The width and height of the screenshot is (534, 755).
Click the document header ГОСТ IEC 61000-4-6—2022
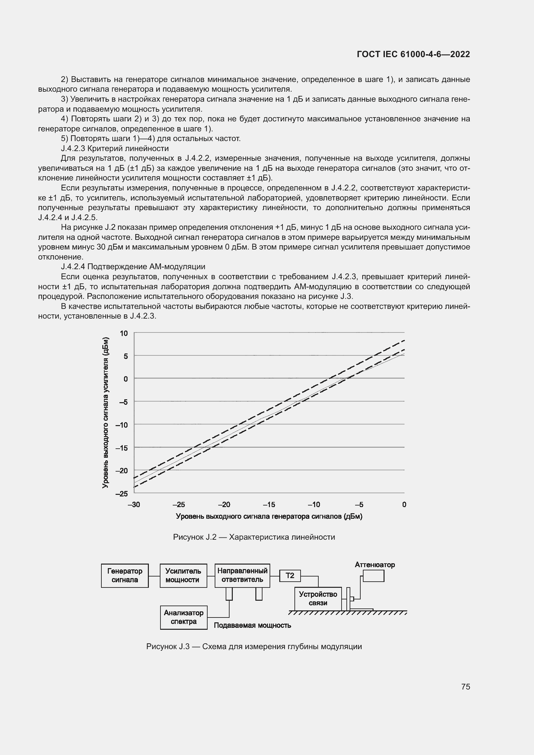click(x=413, y=54)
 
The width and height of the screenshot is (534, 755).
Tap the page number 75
click(x=465, y=687)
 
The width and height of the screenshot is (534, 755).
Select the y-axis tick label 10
click(x=124, y=333)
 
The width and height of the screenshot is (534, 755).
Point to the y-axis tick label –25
click(x=122, y=494)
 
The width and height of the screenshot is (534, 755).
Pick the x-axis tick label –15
click(x=269, y=505)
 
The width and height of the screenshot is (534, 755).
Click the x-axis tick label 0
click(x=404, y=505)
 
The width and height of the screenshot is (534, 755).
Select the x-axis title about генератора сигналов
click(x=269, y=516)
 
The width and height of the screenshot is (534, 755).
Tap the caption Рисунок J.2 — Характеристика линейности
click(x=254, y=537)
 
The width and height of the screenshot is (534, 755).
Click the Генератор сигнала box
click(x=125, y=576)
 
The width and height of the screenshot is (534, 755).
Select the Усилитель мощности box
click(x=183, y=576)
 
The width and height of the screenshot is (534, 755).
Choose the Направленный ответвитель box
click(x=242, y=576)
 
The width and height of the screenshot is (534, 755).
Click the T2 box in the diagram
click(x=290, y=576)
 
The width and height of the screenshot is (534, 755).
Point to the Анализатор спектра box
click(x=183, y=617)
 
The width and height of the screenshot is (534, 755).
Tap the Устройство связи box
click(x=318, y=598)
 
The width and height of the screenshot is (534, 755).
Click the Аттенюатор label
click(x=375, y=565)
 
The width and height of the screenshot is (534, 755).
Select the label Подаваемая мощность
click(x=252, y=625)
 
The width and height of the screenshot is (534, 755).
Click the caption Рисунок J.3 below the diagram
click(x=254, y=647)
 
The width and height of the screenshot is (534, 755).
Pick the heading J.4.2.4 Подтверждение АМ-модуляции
click(x=133, y=266)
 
